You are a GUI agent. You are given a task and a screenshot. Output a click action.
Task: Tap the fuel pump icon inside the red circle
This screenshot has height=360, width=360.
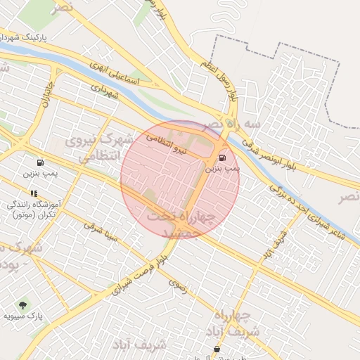coord(223,157)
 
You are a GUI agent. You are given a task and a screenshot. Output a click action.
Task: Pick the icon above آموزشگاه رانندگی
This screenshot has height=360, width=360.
coord(33,193)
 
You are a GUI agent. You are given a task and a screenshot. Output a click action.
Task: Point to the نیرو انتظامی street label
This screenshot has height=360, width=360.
coord(167,143)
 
